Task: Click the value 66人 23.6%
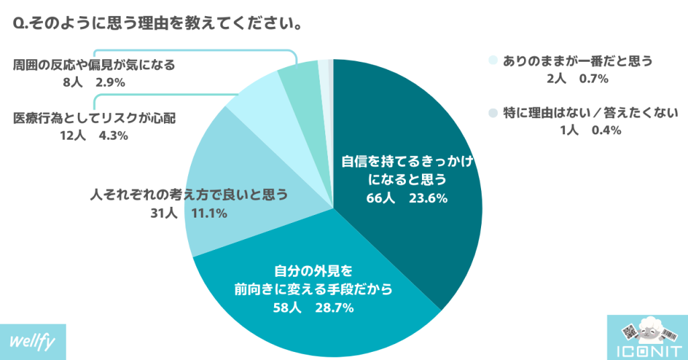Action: coord(403,198)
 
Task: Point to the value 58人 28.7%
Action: coord(312,308)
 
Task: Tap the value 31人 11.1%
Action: coord(189,214)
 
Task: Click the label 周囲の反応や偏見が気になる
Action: coord(94,65)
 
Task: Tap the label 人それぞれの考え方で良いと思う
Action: coord(189,195)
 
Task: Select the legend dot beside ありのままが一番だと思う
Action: coord(493,60)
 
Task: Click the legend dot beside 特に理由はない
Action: coord(493,112)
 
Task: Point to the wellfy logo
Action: coord(33,341)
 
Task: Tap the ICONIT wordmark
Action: coord(646,351)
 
